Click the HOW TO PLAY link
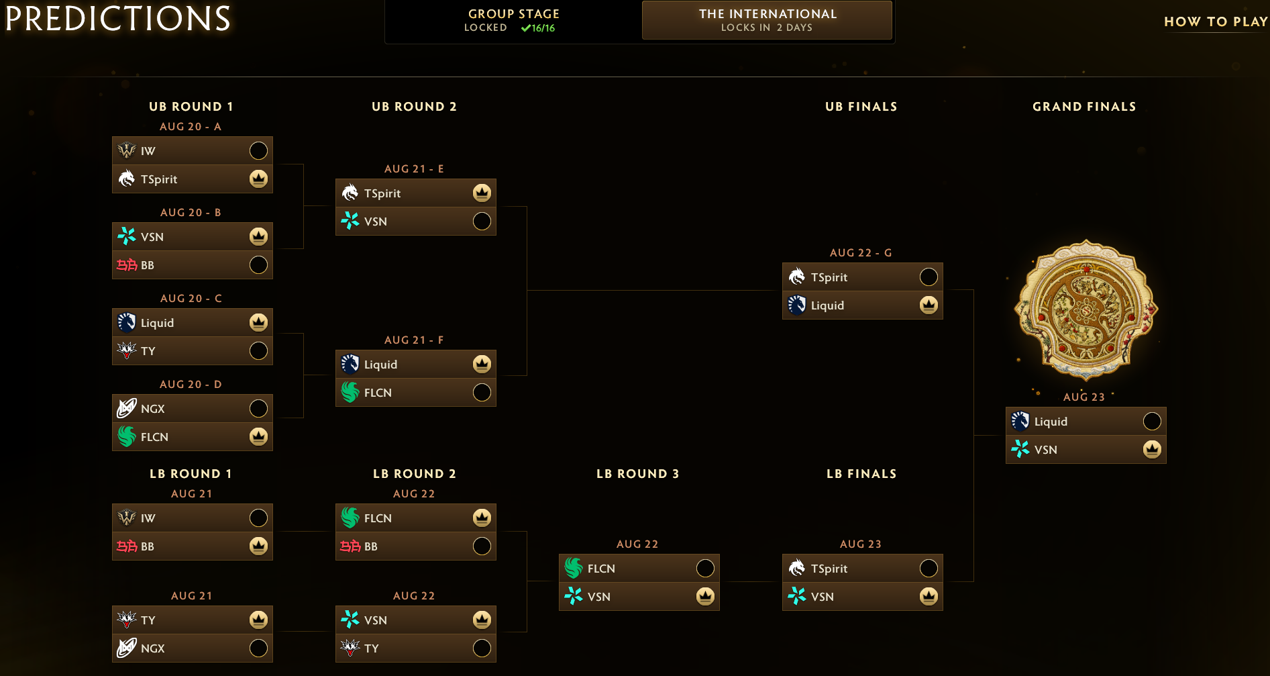click(1216, 21)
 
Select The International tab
click(767, 20)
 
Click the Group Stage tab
click(513, 20)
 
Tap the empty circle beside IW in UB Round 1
click(258, 150)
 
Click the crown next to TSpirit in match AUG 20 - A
click(258, 179)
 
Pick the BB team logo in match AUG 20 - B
click(127, 264)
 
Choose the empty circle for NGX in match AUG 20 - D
click(258, 408)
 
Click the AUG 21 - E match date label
click(414, 168)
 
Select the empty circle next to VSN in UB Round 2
click(482, 221)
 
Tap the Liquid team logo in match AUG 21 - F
click(350, 364)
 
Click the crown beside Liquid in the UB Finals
click(929, 305)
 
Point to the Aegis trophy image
click(1086, 310)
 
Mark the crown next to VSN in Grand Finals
click(1152, 449)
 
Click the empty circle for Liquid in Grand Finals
click(1152, 421)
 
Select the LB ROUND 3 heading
click(638, 474)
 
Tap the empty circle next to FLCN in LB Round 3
click(705, 568)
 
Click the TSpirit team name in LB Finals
click(829, 569)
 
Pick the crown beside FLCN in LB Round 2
click(482, 518)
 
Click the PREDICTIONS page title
click(118, 18)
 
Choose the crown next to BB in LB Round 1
click(258, 546)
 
